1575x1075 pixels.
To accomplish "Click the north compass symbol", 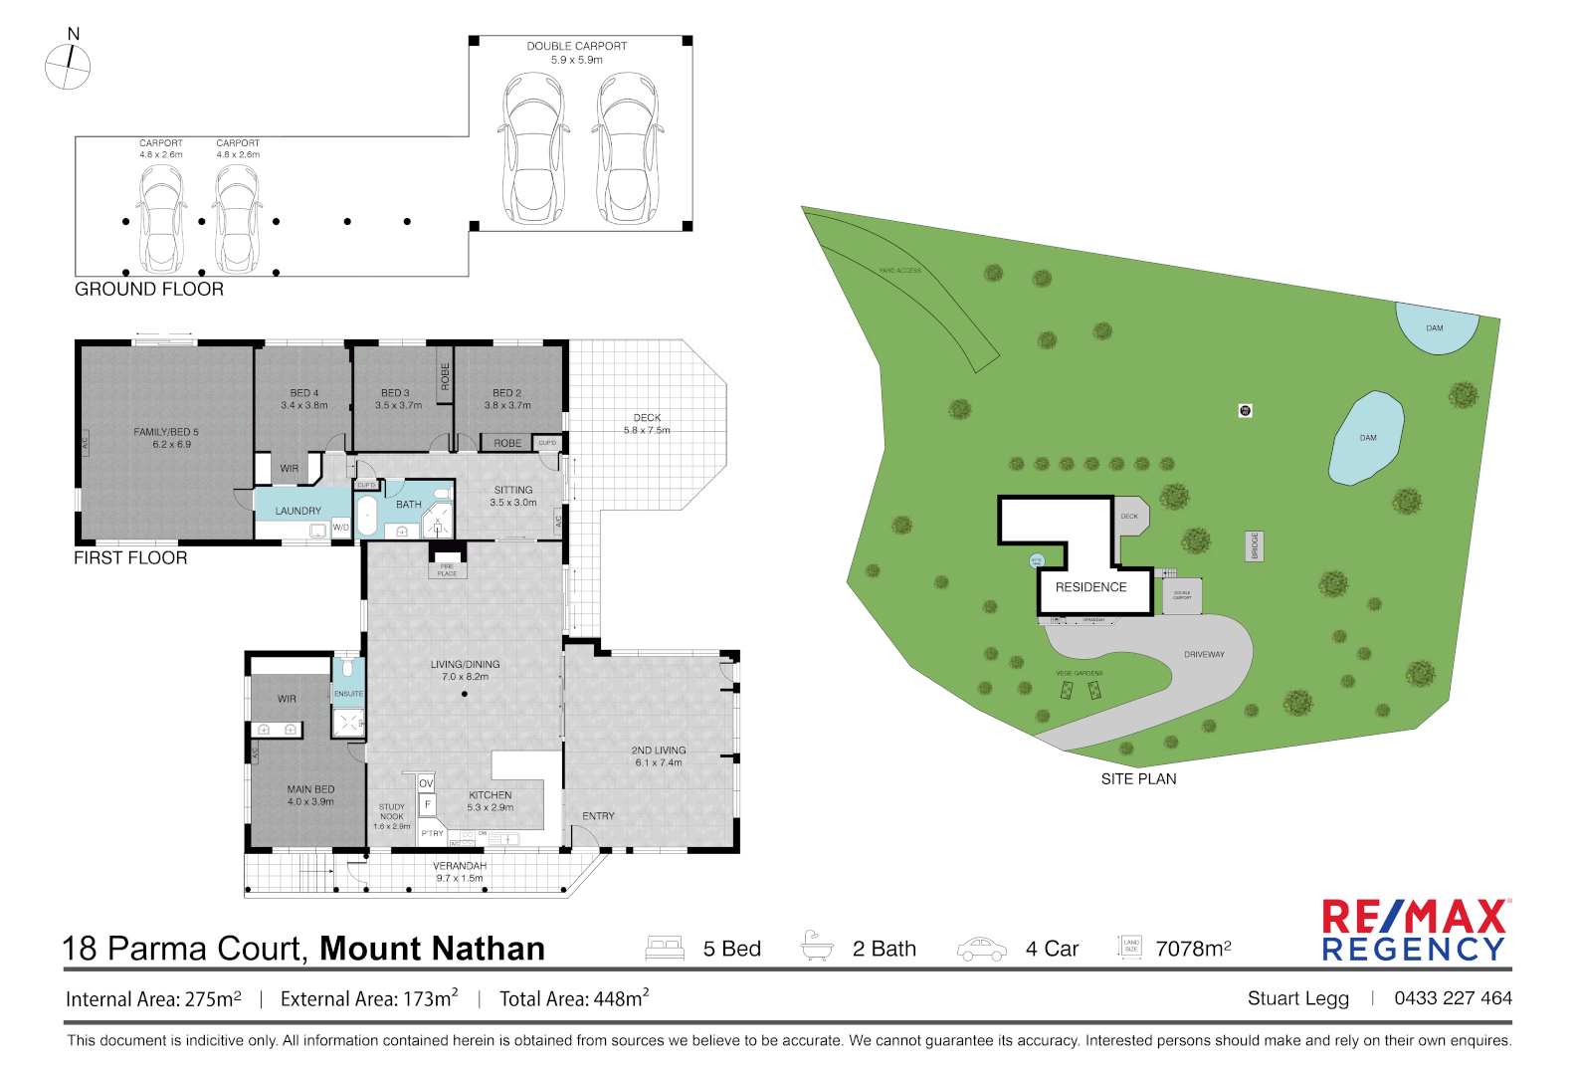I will point(68,68).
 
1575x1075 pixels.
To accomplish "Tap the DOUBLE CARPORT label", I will point(577,46).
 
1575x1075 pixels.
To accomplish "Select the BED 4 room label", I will point(304,393).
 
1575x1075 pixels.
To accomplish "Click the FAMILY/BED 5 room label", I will point(166,432).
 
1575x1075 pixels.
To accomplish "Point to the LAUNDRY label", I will point(298,511).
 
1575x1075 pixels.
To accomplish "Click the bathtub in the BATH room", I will point(367,516).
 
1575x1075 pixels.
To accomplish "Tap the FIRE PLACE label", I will point(447,570).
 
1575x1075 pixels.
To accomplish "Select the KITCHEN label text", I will point(491,795).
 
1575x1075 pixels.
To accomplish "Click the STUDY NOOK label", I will point(392,812).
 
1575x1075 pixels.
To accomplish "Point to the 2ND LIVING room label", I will point(659,751).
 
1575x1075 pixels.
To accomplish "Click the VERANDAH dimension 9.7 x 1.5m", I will point(460,878).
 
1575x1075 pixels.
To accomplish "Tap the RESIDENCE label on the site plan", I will point(1091,587).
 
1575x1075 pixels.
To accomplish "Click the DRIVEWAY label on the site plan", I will point(1204,655).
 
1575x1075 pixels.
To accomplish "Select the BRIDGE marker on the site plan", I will point(1255,546).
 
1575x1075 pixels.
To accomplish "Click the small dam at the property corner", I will point(1435,328).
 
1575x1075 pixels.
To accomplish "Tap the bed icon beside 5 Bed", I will point(665,948).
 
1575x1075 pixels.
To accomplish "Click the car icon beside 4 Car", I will point(981,950).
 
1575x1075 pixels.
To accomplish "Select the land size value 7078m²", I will point(1193,949).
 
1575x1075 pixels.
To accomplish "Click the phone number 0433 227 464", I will point(1453,997).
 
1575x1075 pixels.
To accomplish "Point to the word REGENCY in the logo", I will point(1414,950).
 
